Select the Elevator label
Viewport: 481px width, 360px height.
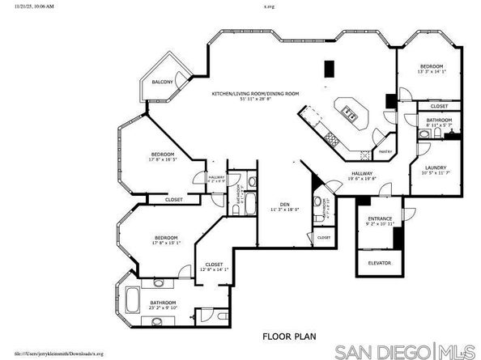tap(380, 263)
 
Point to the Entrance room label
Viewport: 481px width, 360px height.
tap(380, 220)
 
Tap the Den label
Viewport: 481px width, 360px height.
tap(284, 205)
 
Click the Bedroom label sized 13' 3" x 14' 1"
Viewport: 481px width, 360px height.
tap(431, 68)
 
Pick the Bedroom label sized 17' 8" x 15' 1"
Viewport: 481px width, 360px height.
tap(166, 239)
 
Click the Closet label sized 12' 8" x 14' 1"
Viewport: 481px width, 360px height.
tap(214, 266)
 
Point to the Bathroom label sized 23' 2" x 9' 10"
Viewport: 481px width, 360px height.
tap(163, 305)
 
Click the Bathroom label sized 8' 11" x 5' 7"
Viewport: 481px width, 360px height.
tap(439, 123)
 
